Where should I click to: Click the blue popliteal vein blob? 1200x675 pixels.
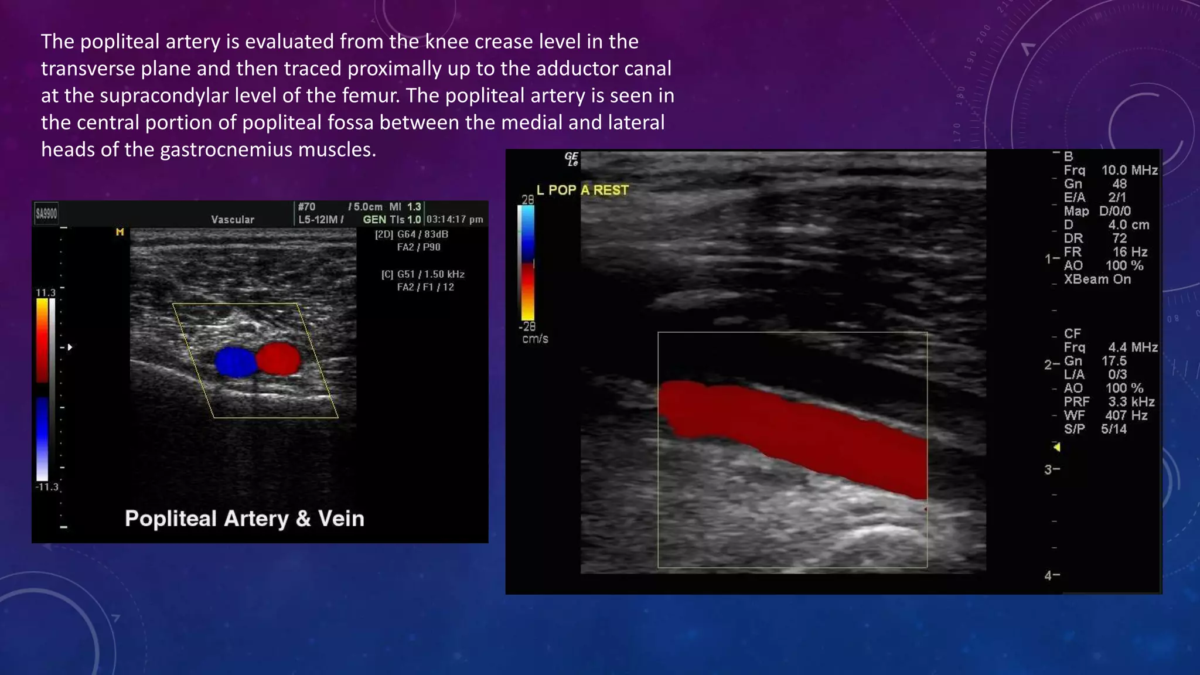click(x=236, y=362)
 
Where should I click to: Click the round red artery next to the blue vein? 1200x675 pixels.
click(x=278, y=359)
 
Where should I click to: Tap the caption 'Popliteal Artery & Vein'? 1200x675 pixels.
click(x=244, y=519)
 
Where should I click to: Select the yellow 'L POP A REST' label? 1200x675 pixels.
click(x=582, y=190)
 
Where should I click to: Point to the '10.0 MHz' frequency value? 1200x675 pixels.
click(x=1129, y=171)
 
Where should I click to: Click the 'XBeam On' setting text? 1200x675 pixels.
click(x=1097, y=279)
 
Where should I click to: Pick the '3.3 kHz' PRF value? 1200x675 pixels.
click(x=1131, y=402)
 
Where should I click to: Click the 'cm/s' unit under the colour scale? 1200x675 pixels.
click(x=535, y=339)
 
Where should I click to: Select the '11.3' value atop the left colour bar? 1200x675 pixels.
click(x=46, y=292)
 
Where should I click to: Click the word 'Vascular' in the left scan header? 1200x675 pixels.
click(x=233, y=220)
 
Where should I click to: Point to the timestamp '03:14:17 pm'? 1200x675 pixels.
click(x=455, y=220)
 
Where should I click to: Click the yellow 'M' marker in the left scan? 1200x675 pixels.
click(x=120, y=232)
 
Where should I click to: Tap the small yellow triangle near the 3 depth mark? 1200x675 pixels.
click(x=1056, y=448)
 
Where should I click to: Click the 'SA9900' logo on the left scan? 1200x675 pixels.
click(x=46, y=213)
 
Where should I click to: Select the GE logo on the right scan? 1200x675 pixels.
click(x=571, y=159)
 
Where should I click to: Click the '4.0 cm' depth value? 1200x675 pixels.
click(x=1129, y=225)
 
